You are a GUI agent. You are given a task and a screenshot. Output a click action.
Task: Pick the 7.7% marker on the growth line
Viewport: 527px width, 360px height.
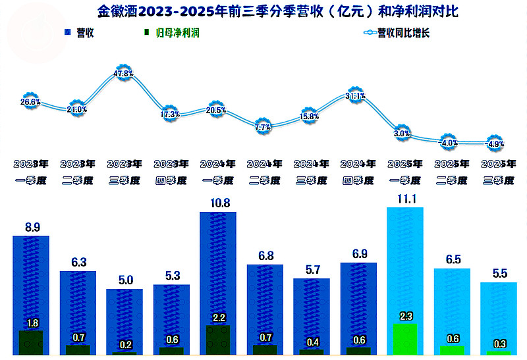tap(263, 127)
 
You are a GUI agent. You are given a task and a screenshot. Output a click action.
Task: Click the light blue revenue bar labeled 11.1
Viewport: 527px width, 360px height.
tap(404, 263)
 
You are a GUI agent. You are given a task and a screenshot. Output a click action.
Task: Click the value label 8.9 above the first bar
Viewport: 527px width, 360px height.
tap(31, 228)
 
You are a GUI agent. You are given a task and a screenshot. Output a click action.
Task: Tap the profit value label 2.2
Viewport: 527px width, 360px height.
tap(217, 319)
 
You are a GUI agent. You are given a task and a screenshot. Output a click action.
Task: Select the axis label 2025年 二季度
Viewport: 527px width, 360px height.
tap(451, 171)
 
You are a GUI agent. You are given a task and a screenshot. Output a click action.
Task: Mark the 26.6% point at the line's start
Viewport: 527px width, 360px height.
tap(31, 102)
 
